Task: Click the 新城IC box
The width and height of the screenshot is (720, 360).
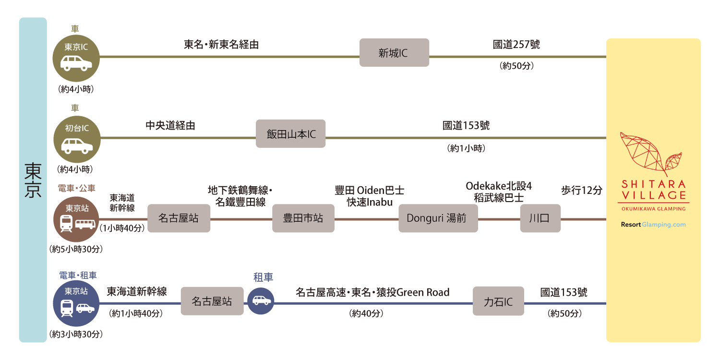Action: pos(394,53)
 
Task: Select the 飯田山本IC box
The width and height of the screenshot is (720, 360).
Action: pos(290,134)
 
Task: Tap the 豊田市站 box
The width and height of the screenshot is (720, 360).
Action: pos(303,218)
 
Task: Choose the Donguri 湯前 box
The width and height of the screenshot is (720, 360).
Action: pos(438,218)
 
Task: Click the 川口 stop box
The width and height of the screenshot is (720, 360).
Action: pos(540,218)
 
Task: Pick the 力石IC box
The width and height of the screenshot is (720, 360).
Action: pos(498,301)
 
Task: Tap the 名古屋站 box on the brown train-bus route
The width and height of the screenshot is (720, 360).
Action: pos(179,218)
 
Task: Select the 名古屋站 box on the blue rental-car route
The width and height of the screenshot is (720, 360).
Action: pos(212,301)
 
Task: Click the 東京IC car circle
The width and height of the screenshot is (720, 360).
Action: pos(76,58)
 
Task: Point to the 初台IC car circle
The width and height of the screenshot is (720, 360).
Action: pos(76,139)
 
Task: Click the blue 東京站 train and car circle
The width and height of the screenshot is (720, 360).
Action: pos(76,303)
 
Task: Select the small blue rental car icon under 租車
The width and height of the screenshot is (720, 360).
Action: pos(261,301)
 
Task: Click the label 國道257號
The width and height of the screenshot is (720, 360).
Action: pos(516,45)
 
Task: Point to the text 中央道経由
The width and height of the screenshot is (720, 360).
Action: pos(170,126)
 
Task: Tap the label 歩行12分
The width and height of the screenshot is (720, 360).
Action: pos(581,190)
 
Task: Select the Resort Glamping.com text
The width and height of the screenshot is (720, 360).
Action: pos(653,225)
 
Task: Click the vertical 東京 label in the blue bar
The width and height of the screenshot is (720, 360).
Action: pos(33,180)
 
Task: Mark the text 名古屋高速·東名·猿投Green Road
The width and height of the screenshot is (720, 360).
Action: pos(372,292)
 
